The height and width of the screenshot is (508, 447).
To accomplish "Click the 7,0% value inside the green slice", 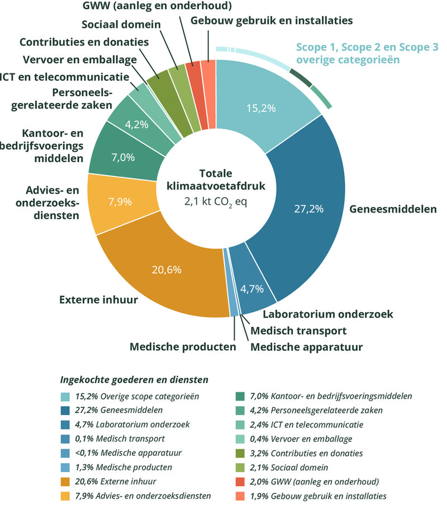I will tap(123, 157).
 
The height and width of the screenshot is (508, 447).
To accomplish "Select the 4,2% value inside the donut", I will tap(136, 125).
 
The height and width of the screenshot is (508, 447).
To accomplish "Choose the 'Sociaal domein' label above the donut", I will tap(121, 25).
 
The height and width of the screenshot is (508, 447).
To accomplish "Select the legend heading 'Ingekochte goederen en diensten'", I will tap(134, 379).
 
